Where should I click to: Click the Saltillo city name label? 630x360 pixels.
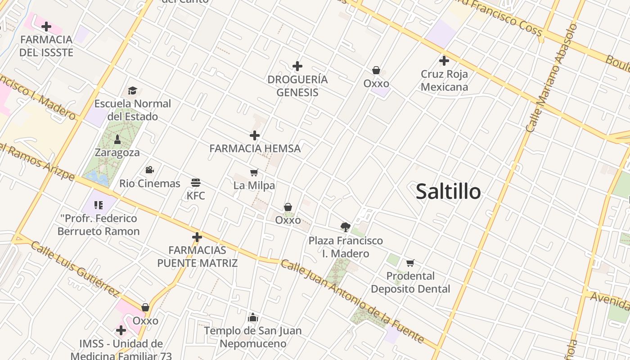(448, 191)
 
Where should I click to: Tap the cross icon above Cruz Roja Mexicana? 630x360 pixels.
(444, 61)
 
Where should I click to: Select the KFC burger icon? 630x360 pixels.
(196, 183)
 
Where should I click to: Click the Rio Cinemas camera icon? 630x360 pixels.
(149, 170)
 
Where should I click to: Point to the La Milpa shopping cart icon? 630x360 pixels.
(254, 173)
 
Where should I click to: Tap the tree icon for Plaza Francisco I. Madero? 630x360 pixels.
(346, 227)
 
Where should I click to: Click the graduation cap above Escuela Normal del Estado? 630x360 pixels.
(132, 91)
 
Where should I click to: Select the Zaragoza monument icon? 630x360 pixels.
(117, 139)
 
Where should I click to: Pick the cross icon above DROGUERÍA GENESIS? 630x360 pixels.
(297, 66)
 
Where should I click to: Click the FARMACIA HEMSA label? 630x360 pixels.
(255, 148)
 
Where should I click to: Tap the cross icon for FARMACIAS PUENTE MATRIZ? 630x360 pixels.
(197, 237)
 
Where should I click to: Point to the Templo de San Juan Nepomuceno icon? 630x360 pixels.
(253, 318)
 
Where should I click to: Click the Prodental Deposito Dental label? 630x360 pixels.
(410, 282)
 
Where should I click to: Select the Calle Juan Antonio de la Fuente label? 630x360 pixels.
(352, 301)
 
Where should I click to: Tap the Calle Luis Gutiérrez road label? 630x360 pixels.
(75, 269)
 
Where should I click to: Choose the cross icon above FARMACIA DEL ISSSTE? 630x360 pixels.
(46, 27)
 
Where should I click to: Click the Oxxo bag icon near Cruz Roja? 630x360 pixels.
(376, 70)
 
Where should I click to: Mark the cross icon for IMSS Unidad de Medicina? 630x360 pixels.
(121, 331)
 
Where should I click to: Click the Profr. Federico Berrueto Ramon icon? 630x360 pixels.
(99, 206)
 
